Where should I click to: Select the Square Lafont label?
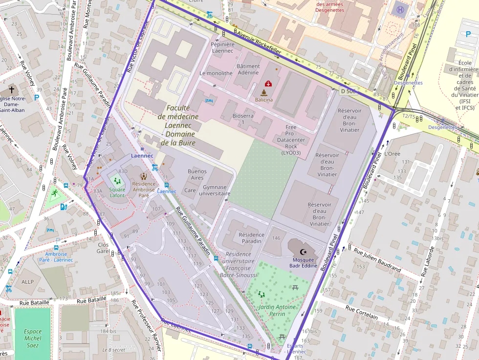117,192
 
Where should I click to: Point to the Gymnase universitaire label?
215,190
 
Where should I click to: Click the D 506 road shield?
348,91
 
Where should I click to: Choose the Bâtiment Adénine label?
248,69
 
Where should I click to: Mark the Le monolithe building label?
216,73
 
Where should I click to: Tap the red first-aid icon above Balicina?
268,84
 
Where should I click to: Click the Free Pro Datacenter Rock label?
291,140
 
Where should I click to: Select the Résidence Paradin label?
252,238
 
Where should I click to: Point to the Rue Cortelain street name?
362,312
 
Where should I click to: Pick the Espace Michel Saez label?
33,338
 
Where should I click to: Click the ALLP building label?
27,281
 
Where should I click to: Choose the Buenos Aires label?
197,174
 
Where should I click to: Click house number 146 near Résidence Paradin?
277,238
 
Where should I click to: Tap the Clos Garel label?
103,248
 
